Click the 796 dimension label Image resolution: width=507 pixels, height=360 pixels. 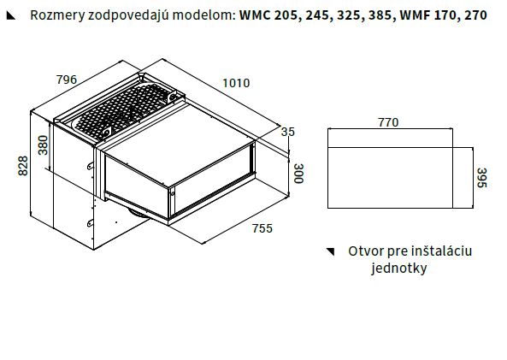pos(67,80)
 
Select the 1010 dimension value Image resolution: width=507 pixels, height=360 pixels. pos(236,84)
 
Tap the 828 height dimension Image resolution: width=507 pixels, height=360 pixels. pos(23,166)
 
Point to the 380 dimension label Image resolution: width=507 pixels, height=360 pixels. pos(43,145)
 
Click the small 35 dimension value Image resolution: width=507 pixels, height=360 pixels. pos(288,132)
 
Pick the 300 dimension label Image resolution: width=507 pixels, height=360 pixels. pos(299,174)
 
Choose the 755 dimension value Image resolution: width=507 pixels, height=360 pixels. pos(262,228)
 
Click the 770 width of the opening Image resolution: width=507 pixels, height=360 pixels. pos(388,122)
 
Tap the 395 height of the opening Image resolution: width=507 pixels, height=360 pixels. pos(482,178)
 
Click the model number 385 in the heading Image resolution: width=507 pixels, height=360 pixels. pos(380,15)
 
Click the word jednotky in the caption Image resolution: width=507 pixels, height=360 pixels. pos(399,269)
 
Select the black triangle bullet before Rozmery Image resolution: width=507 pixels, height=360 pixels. pos(10,15)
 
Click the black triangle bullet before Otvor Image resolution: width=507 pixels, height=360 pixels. pos(330,251)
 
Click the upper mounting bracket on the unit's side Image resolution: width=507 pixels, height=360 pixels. pos(91,165)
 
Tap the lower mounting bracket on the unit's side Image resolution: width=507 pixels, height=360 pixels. pos(91,223)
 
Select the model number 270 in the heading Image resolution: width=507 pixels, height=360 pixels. pos(475,15)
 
